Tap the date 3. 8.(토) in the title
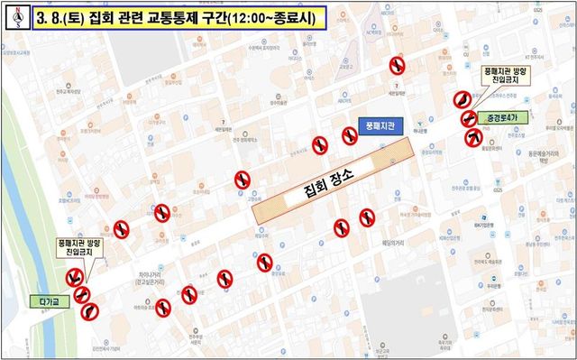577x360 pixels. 65,18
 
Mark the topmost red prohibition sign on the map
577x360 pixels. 397,65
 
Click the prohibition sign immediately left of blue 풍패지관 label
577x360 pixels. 349,135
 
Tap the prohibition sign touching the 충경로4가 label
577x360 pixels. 470,117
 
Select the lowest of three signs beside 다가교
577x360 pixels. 88,311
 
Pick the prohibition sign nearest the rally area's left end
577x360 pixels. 242,180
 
